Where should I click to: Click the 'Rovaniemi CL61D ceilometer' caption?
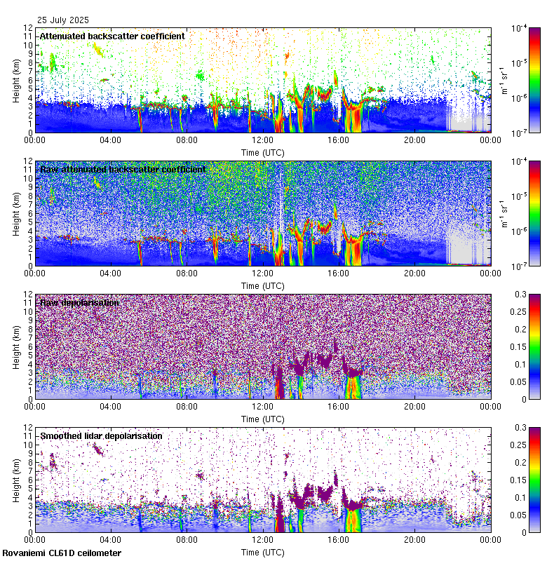[x=61, y=553]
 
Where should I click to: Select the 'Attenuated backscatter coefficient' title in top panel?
[x=112, y=36]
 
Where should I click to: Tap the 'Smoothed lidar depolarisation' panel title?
[x=101, y=435]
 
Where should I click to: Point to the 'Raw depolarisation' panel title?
[x=79, y=302]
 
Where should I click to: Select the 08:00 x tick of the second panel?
[x=187, y=272]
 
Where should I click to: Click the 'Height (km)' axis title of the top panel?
[x=15, y=80]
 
